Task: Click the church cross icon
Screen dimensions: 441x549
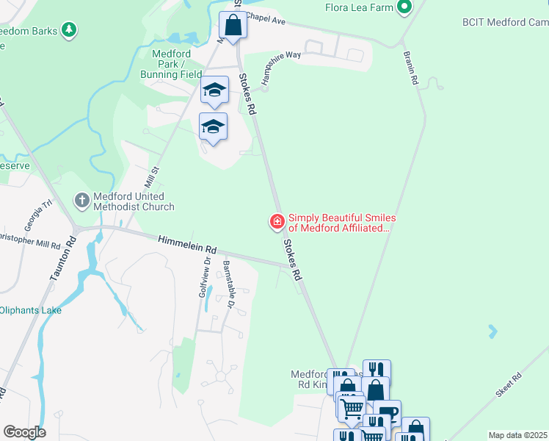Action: [x=81, y=199]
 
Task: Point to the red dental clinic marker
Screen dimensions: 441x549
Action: [x=277, y=220]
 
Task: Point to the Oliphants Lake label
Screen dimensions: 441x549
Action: [x=31, y=310]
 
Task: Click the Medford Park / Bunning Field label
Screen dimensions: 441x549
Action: [x=171, y=64]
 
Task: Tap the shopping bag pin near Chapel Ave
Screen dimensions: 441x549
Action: [x=233, y=25]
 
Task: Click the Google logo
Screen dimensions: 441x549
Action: [x=24, y=432]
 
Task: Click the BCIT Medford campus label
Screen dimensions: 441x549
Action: [x=505, y=23]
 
